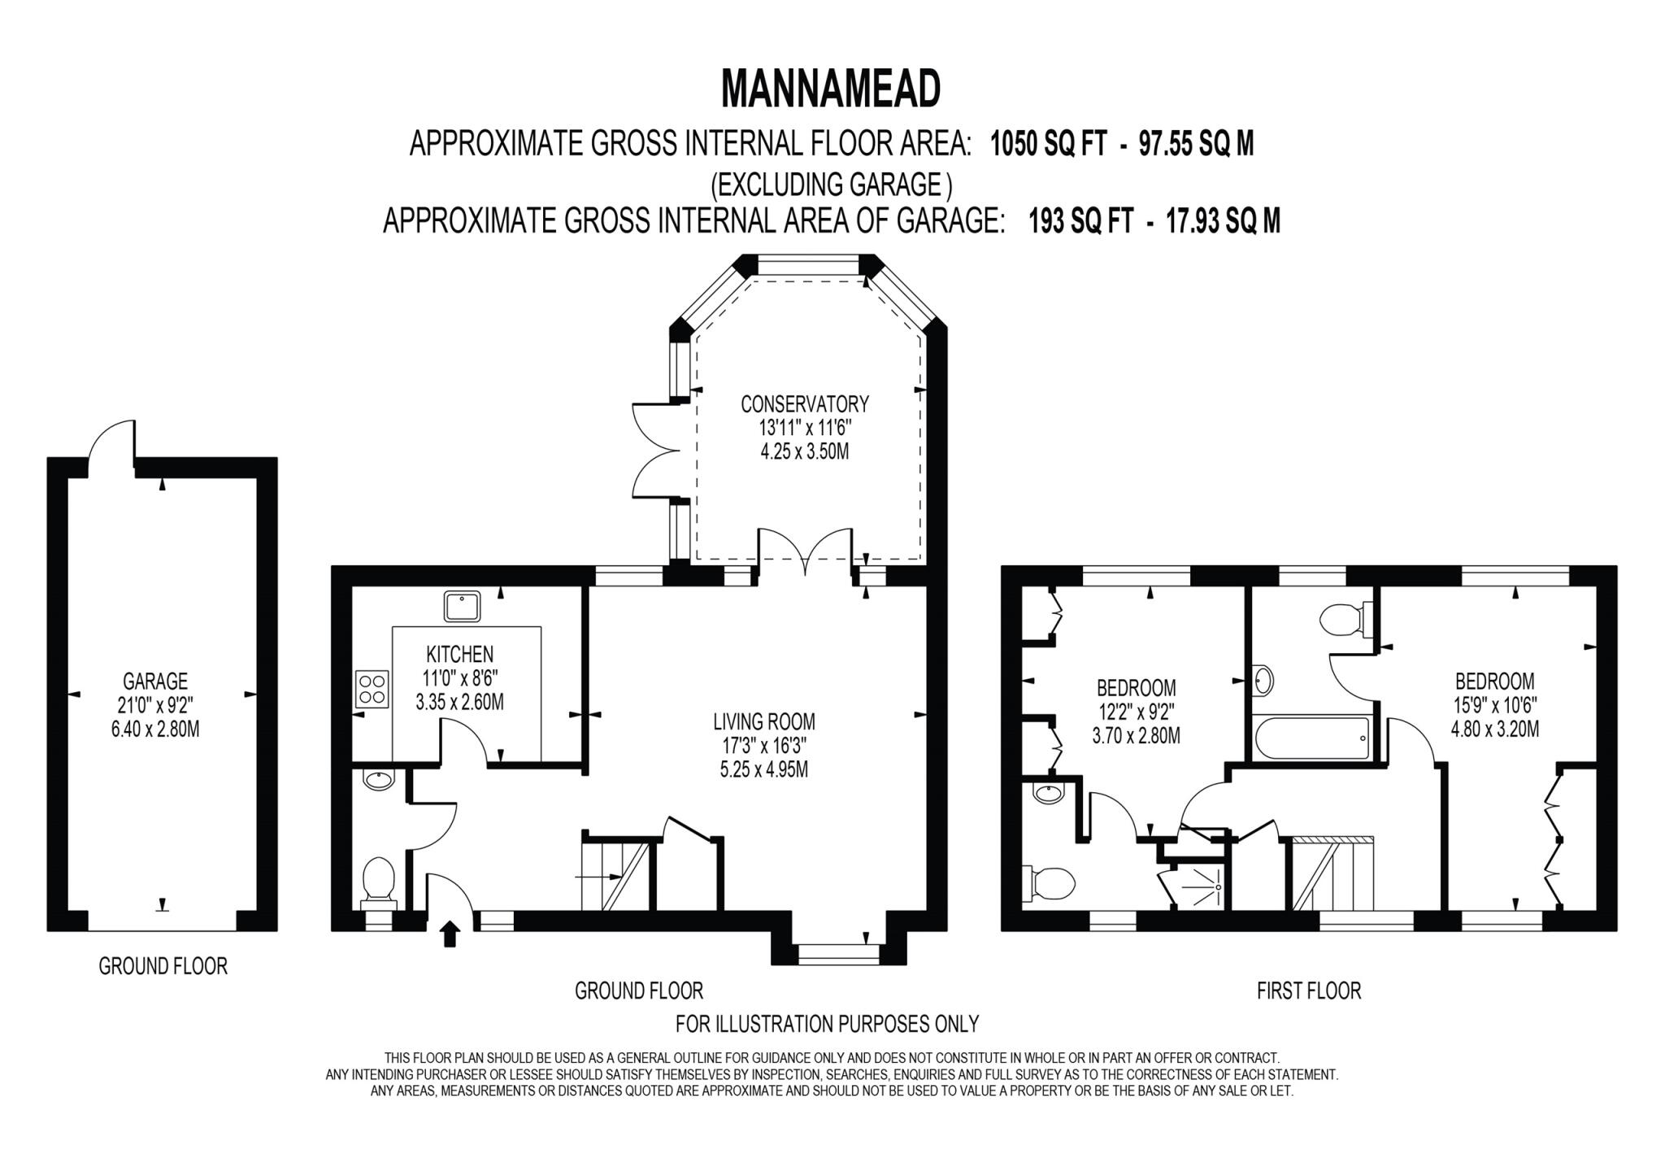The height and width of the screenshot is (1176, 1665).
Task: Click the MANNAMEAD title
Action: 830,89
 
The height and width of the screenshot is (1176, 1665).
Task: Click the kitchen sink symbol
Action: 462,606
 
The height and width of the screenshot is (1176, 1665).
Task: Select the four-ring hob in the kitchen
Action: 372,688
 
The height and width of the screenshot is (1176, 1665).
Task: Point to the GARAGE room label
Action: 155,681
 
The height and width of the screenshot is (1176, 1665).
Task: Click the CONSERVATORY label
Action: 805,403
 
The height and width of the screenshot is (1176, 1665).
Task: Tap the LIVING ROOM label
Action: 763,721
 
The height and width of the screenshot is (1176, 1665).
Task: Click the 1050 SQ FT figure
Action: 1048,145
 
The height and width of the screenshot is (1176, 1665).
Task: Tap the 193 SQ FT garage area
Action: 1080,220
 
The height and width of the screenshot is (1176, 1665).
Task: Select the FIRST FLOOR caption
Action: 1308,991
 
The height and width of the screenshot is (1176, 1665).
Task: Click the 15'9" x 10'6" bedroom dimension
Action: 1494,705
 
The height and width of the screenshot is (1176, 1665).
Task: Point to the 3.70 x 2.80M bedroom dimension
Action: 1136,736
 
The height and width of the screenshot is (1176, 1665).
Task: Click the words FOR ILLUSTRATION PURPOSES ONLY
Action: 827,1023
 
